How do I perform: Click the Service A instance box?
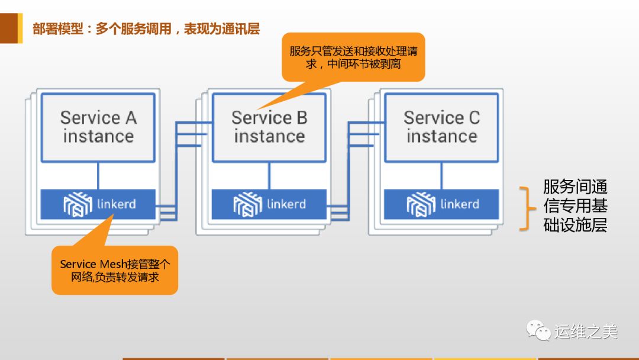click(98, 127)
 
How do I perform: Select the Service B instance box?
click(269, 127)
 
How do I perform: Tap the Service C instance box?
click(441, 127)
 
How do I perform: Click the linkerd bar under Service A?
click(98, 204)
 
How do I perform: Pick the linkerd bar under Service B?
click(269, 204)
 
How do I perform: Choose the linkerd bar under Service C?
click(441, 204)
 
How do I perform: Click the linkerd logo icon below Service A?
click(77, 204)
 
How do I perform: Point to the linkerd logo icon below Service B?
click(247, 204)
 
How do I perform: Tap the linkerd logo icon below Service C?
click(421, 204)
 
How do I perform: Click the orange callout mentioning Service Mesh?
click(115, 270)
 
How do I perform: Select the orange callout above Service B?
click(353, 57)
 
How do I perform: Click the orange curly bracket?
click(525, 207)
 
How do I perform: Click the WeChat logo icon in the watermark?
click(538, 330)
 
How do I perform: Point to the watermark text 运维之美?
click(586, 331)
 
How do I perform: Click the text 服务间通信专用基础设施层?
click(575, 206)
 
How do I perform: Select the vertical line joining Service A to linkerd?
click(98, 176)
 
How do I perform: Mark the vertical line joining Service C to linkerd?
click(441, 176)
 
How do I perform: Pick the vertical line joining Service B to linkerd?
click(269, 176)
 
